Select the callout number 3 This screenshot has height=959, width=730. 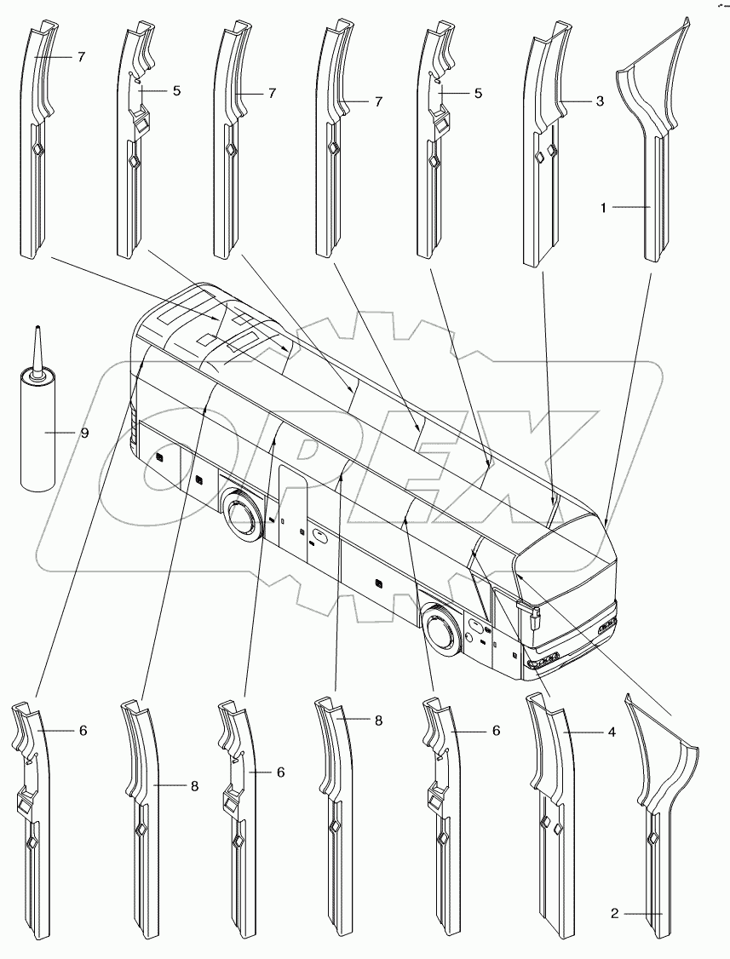pyautogui.click(x=600, y=101)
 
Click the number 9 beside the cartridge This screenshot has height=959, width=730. pyautogui.click(x=84, y=433)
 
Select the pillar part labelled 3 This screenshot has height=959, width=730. pyautogui.click(x=542, y=153)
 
